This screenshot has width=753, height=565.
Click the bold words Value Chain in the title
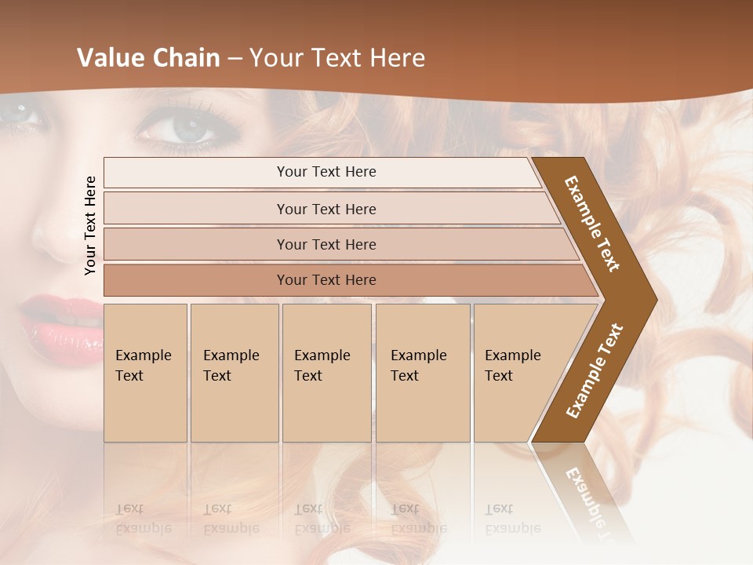coord(148,58)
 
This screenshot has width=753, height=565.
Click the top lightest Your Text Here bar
coord(326,172)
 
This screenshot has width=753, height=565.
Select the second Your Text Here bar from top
coord(326,209)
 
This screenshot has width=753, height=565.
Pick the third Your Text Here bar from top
coord(326,244)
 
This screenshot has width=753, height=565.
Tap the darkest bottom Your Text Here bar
coord(326,280)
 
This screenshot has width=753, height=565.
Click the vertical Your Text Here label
coord(91,225)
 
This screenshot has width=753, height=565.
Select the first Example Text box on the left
coord(145,373)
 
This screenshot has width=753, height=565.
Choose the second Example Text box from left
coord(234,373)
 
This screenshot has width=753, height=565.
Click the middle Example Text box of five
coord(326,373)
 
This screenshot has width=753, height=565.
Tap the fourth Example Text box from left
coord(423,373)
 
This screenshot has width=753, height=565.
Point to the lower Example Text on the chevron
coord(595,370)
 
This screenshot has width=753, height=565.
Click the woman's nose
coord(55,235)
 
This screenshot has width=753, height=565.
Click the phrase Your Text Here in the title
coord(337,58)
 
